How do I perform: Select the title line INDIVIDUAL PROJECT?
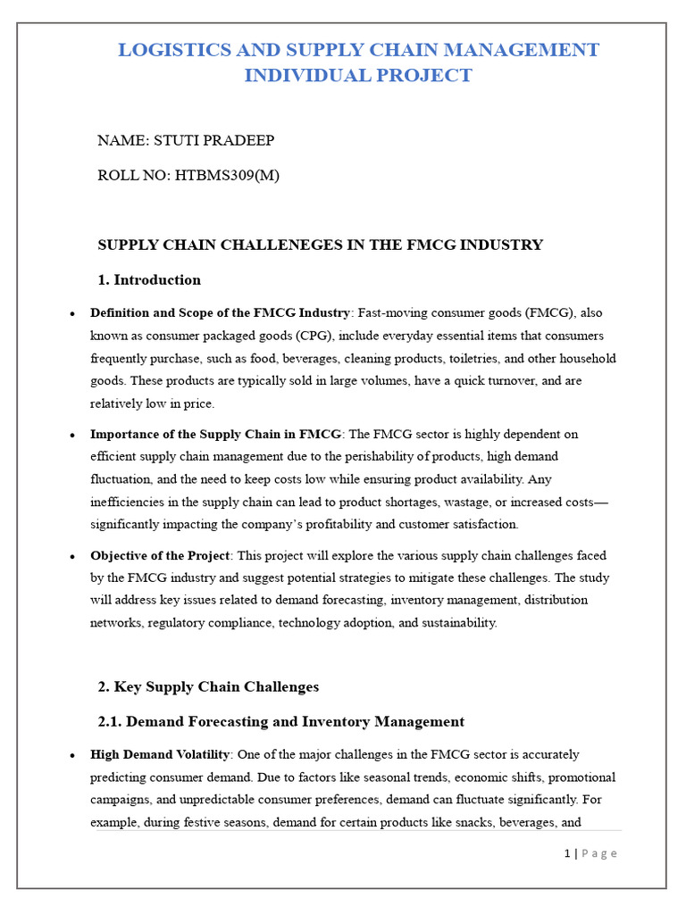point(358,76)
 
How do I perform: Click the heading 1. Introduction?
point(149,280)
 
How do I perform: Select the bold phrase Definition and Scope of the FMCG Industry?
point(220,313)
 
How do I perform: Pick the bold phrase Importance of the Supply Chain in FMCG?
point(215,435)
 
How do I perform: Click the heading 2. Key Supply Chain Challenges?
point(208,687)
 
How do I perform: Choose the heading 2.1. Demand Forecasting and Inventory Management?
point(280,722)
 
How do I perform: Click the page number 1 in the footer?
point(567,853)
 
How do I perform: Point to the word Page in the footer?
point(599,853)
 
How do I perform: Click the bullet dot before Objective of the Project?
point(72,557)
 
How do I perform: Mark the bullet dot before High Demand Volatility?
point(72,756)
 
